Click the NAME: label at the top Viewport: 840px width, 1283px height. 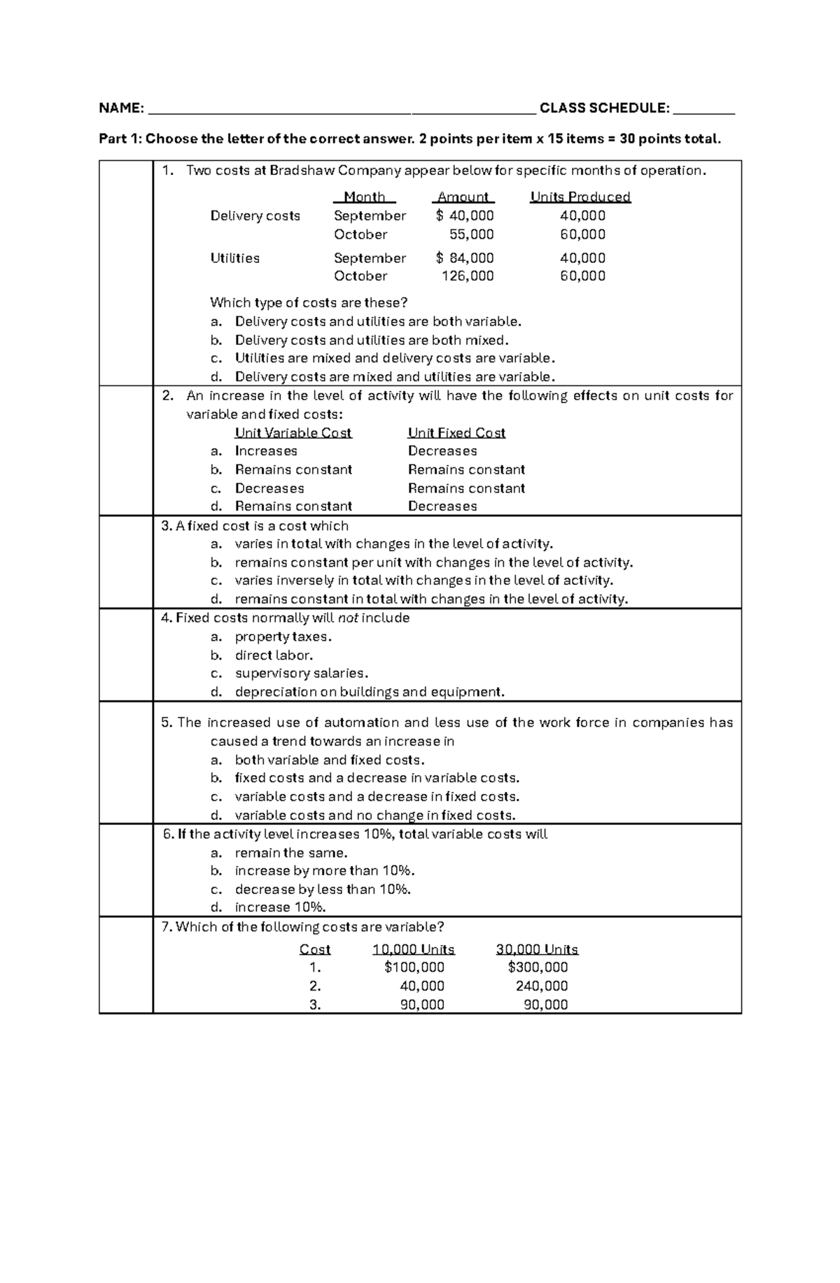pyautogui.click(x=121, y=108)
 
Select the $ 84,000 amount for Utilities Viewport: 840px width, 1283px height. pyautogui.click(x=465, y=258)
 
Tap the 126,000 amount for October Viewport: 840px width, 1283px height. pyautogui.click(x=468, y=276)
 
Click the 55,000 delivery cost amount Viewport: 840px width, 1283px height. pyautogui.click(x=471, y=234)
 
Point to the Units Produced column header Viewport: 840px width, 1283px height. pyautogui.click(x=580, y=197)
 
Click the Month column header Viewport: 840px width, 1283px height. pyautogui.click(x=365, y=197)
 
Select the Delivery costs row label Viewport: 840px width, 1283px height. pyautogui.click(x=255, y=216)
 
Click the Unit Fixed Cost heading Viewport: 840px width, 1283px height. pyautogui.click(x=456, y=433)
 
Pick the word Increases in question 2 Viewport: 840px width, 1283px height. pyautogui.click(x=266, y=451)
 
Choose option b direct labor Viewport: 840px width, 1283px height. pyautogui.click(x=274, y=655)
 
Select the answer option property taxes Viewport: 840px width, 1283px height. pyautogui.click(x=283, y=637)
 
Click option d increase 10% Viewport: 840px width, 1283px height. pyautogui.click(x=280, y=907)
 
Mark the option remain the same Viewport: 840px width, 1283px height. pyautogui.click(x=291, y=853)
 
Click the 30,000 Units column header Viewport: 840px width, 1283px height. pyautogui.click(x=537, y=949)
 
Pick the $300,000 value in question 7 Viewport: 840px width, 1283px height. pyautogui.click(x=538, y=967)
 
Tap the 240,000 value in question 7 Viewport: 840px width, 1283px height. pyautogui.click(x=542, y=986)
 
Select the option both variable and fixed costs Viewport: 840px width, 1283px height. pyautogui.click(x=330, y=760)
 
